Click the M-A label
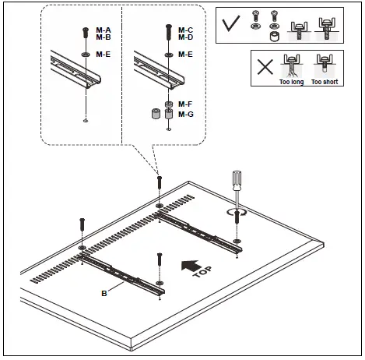point(104,30)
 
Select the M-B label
point(104,37)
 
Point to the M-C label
point(185,30)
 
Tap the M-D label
point(185,37)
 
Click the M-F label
point(185,104)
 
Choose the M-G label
point(185,114)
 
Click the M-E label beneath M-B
point(104,55)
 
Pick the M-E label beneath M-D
point(185,55)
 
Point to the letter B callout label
point(104,294)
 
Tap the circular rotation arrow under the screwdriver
point(237,210)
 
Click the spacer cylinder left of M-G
point(156,115)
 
